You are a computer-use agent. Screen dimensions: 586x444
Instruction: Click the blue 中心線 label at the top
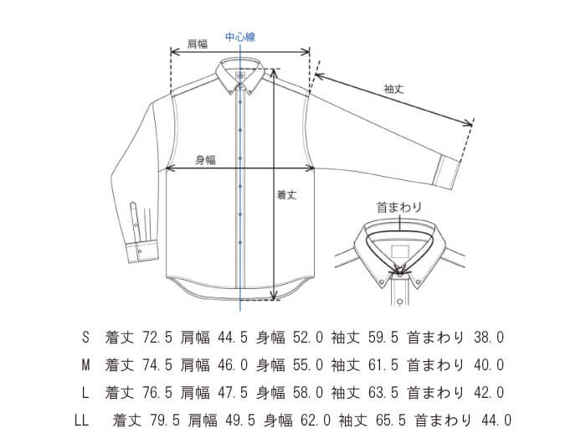pyautogui.click(x=240, y=37)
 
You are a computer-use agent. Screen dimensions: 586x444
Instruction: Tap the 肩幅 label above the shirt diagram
pyautogui.click(x=198, y=44)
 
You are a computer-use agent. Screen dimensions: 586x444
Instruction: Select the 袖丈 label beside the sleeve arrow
pyautogui.click(x=393, y=89)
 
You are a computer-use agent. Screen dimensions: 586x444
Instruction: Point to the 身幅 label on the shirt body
pyautogui.click(x=206, y=160)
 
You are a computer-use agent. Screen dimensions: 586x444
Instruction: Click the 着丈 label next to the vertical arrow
pyautogui.click(x=286, y=195)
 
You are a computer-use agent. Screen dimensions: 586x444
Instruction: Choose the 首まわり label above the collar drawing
pyautogui.click(x=399, y=207)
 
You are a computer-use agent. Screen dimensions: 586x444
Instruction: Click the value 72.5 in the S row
pyautogui.click(x=157, y=338)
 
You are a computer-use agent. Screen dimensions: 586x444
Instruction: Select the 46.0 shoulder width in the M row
pyautogui.click(x=233, y=365)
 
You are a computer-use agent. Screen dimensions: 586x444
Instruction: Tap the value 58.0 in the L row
pyautogui.click(x=308, y=393)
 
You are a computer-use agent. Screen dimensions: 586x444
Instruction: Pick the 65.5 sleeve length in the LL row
pyautogui.click(x=391, y=421)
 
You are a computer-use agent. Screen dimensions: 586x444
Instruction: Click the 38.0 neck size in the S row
pyautogui.click(x=489, y=338)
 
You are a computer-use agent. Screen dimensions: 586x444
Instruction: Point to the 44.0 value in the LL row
pyautogui.click(x=496, y=421)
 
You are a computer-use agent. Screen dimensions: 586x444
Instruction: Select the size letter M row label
pyautogui.click(x=85, y=365)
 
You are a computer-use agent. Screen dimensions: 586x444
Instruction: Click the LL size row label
pyautogui.click(x=82, y=421)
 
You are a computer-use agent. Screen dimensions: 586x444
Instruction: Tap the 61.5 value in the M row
pyautogui.click(x=383, y=365)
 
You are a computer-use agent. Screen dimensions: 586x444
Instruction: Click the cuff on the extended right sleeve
pyautogui.click(x=446, y=173)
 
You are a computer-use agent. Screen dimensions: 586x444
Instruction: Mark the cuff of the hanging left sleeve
pyautogui.click(x=142, y=253)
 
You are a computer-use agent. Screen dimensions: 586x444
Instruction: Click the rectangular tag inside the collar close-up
pyautogui.click(x=400, y=251)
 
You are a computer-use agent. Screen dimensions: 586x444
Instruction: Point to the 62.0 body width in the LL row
pyautogui.click(x=316, y=421)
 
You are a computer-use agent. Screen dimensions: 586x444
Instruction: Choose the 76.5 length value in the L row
pyautogui.click(x=157, y=393)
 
